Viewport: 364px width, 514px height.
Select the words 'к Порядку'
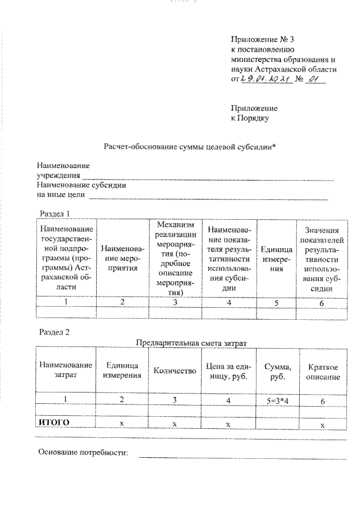pos(250,118)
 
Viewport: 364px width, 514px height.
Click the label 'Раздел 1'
pos(55,213)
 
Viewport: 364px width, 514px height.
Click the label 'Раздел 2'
pos(55,332)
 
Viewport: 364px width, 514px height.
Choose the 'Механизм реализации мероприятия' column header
pos(175,258)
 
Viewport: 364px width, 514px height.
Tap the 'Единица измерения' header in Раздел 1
pos(276,258)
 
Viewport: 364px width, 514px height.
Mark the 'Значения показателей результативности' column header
pos(322,258)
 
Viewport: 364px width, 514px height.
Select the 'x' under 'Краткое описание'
pos(322,424)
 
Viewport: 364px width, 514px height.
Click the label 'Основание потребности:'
pos(83,453)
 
